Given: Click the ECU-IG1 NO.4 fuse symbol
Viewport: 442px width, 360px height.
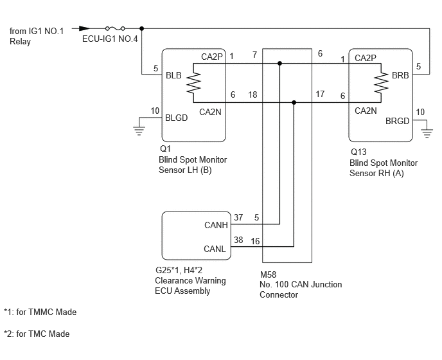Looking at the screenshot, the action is coord(115,28).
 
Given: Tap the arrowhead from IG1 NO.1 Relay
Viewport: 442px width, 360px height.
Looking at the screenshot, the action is coord(84,28).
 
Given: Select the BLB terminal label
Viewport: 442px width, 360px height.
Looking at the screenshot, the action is coord(173,75).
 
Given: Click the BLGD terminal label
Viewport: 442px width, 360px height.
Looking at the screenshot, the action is coord(176,118).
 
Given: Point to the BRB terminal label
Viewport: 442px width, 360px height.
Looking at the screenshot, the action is coord(400,75).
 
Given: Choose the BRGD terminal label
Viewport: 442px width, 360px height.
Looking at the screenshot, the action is coord(398,121).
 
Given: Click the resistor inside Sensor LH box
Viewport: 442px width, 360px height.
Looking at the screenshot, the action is coord(193,83).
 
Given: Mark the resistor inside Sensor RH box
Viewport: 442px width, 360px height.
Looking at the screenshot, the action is coord(381,83).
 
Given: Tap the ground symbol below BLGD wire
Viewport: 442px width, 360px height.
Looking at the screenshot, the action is coord(139,131).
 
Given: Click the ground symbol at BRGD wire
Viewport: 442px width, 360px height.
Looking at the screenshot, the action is coord(427,133).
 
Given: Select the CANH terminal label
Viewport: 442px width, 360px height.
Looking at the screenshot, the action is coord(216,225).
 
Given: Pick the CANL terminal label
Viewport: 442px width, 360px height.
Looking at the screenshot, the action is coord(215,249).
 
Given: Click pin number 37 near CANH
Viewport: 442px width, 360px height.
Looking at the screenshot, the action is coord(238,217).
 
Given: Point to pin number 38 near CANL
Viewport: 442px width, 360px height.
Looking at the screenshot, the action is coord(238,240).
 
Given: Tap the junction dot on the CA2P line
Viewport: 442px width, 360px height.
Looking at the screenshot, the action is coord(279,64).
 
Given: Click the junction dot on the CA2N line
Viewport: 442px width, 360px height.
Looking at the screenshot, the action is coord(294,102).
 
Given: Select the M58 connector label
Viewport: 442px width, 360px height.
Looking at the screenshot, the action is coord(268,274).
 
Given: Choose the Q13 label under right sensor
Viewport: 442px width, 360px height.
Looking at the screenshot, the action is coord(358,152).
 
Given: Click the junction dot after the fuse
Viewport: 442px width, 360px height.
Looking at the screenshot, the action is coord(142,28).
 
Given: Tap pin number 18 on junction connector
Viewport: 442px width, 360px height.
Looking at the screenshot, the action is coord(252,94).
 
